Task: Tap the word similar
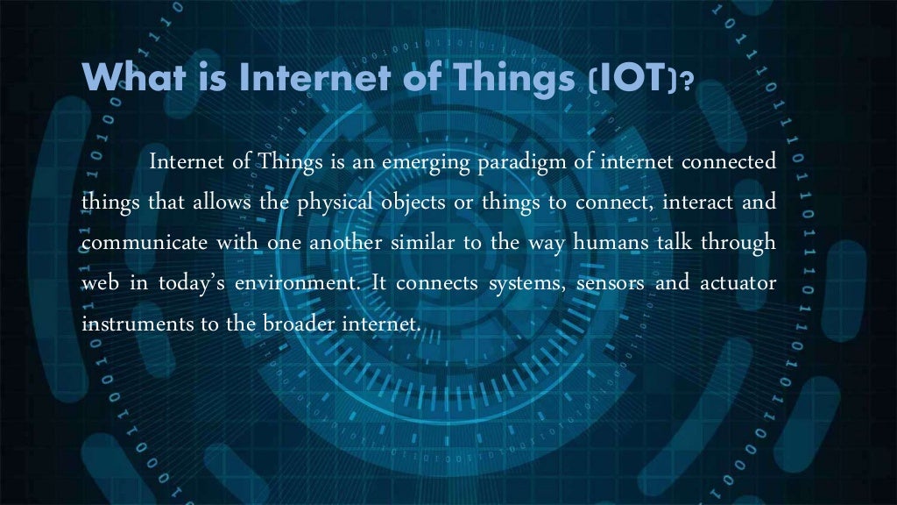418,243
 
